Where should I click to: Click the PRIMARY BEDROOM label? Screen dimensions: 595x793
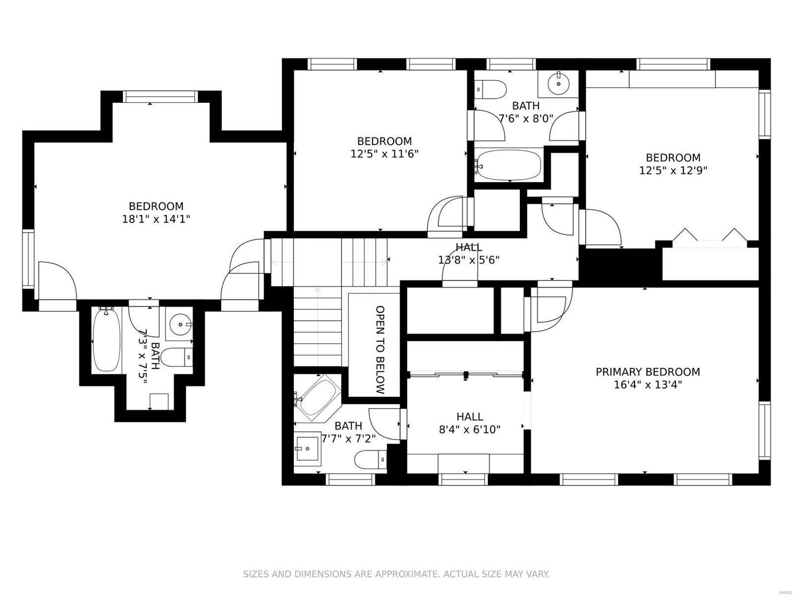(x=647, y=372)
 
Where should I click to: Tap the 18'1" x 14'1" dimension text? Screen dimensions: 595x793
(x=156, y=219)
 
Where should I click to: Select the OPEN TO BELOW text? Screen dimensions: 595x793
(x=380, y=350)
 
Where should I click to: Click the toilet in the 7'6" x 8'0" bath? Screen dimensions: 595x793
(x=492, y=90)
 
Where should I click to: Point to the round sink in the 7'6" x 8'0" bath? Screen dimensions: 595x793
(x=559, y=83)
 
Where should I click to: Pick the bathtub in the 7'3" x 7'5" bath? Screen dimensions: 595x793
(x=106, y=340)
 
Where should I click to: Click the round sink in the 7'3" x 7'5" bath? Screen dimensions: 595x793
(x=179, y=326)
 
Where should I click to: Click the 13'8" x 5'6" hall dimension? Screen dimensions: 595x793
(x=468, y=259)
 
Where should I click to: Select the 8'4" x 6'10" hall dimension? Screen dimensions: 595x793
(x=469, y=429)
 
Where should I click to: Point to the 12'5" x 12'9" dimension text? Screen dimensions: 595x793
(x=673, y=171)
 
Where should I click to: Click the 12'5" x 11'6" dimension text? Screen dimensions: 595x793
(x=385, y=154)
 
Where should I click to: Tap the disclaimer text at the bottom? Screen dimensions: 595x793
(x=396, y=574)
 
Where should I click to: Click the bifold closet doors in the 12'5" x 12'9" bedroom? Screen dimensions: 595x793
(x=709, y=237)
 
